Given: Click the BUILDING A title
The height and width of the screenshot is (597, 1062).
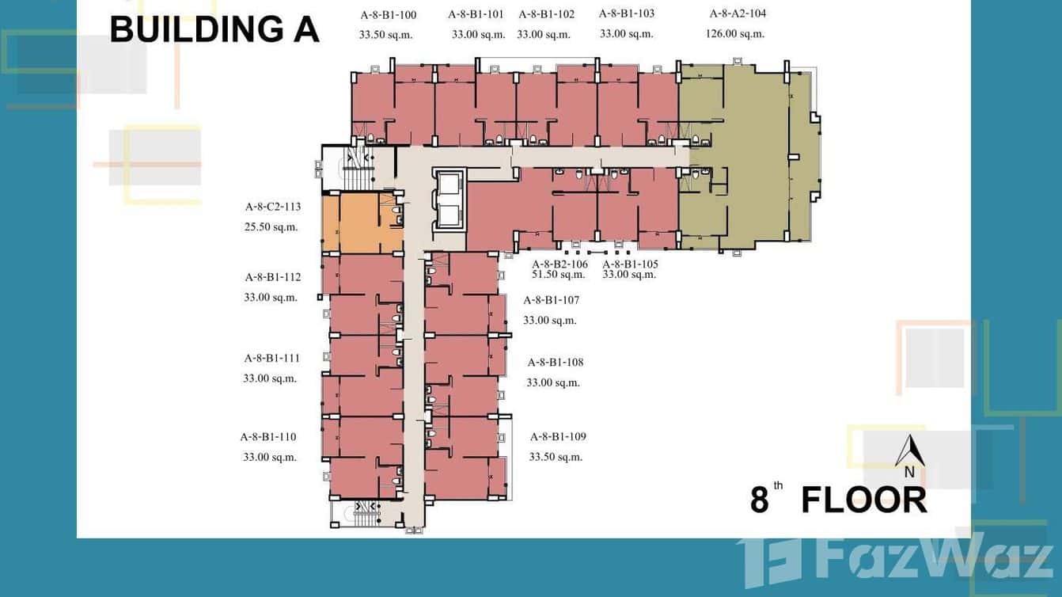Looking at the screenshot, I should click(214, 30).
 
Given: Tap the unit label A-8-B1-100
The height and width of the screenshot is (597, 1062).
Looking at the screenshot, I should click(388, 14).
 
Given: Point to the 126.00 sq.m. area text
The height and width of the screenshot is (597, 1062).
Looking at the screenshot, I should click(735, 33).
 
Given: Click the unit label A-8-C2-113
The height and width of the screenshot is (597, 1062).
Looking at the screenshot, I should click(272, 207).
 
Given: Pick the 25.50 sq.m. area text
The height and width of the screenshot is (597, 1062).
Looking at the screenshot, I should click(271, 226).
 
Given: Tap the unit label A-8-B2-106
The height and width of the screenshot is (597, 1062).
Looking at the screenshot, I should click(559, 264).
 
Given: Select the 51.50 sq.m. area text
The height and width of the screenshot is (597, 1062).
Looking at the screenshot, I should click(559, 275).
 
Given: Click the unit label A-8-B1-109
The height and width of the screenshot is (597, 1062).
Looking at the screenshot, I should click(558, 436).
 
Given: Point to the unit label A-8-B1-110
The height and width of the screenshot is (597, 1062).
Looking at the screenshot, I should click(268, 437).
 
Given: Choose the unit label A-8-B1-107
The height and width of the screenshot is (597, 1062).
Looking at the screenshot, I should click(551, 300).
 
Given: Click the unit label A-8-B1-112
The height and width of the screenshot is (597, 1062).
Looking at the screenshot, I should click(272, 277).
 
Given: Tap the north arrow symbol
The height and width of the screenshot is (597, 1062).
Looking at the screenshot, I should click(910, 453).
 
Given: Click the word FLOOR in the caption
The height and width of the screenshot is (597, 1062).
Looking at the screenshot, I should click(863, 500).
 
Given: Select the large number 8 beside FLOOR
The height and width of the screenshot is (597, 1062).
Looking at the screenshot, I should click(760, 501).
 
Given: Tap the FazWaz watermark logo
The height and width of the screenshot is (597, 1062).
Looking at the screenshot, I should click(894, 557).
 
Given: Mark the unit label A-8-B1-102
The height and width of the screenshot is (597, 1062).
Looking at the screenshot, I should click(546, 14).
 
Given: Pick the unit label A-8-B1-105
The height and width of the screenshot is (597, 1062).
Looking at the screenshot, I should click(630, 264).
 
